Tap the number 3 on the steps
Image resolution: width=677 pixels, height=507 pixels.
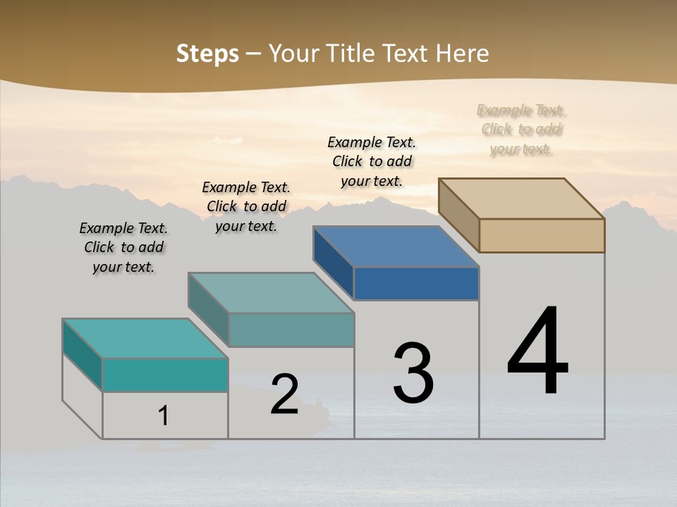(413, 373)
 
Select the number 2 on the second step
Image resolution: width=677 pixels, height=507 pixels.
(285, 394)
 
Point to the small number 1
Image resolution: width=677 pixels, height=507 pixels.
(164, 415)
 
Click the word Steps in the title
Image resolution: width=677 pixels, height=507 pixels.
(207, 54)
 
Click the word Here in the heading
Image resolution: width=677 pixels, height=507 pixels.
(463, 54)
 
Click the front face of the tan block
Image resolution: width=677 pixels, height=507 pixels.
(542, 235)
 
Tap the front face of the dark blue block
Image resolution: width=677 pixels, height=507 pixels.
(416, 283)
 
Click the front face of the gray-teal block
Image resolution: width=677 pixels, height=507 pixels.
(291, 330)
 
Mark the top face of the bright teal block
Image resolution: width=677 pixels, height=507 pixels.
(145, 339)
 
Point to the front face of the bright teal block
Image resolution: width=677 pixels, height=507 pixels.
(165, 375)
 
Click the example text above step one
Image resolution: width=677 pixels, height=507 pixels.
(123, 247)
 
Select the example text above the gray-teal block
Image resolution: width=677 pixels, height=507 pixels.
(246, 206)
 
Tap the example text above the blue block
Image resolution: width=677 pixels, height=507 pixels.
(372, 161)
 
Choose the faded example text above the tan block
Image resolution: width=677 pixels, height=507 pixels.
(521, 130)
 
